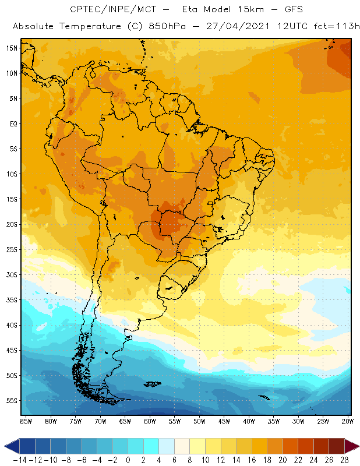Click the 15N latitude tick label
pos(11,48)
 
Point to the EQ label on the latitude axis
pos(12,123)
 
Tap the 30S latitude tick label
pos(11,274)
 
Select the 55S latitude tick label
pos(11,401)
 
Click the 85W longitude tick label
pos(26,421)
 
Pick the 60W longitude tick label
pos(150,421)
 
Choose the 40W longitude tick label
pos(249,421)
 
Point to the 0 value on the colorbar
pos(128,460)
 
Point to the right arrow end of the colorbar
pos(353,446)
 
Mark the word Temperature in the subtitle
pos(87,27)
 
